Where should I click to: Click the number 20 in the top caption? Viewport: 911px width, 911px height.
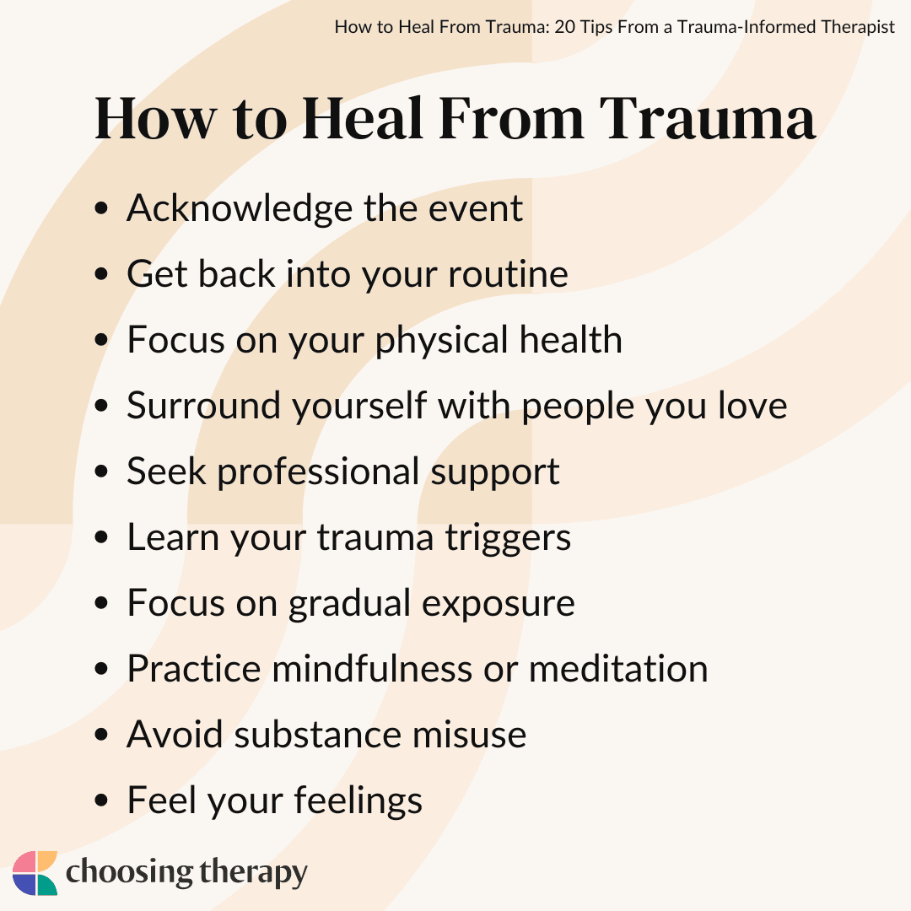566,27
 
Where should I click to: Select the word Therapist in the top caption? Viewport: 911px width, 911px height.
858,27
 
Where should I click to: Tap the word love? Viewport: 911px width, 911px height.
752,405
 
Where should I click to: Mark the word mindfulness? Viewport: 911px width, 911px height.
372,668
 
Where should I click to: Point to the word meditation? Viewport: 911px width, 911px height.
618,668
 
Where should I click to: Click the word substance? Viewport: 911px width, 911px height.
318,734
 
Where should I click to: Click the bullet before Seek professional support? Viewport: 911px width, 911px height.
101,472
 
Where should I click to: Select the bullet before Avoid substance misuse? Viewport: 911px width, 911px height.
101,735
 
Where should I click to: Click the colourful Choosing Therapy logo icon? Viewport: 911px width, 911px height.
35,873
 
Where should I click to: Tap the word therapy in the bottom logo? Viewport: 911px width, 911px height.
253,873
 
